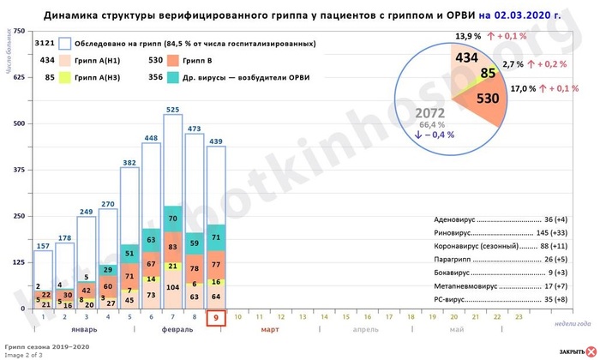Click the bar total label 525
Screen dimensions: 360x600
click(172, 109)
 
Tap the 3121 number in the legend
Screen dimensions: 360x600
click(45, 43)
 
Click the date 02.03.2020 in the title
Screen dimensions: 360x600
click(534, 15)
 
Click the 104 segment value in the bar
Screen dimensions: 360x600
click(172, 288)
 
